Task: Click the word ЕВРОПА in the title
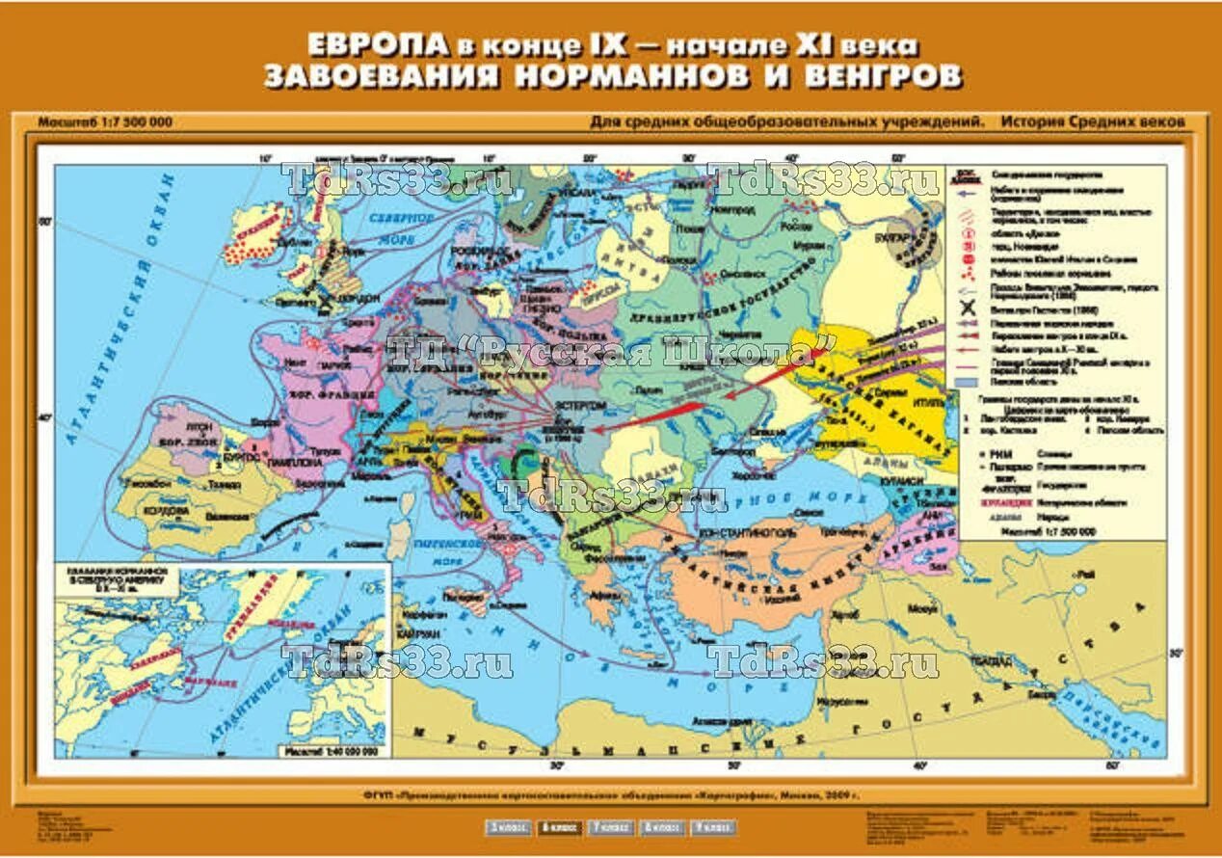tap(364, 45)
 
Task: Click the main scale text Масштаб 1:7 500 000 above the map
tap(105, 122)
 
